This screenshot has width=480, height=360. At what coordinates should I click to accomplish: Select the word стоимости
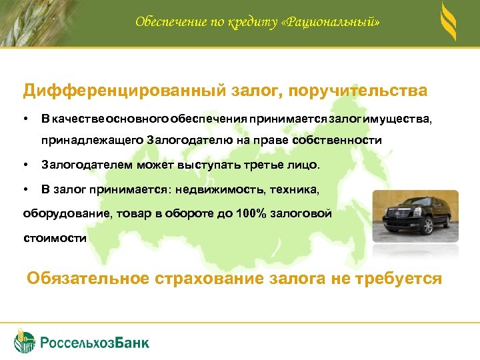point(55,238)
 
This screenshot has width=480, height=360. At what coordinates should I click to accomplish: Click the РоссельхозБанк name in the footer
point(95,343)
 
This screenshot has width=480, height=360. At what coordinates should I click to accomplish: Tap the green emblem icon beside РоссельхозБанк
point(25,341)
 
